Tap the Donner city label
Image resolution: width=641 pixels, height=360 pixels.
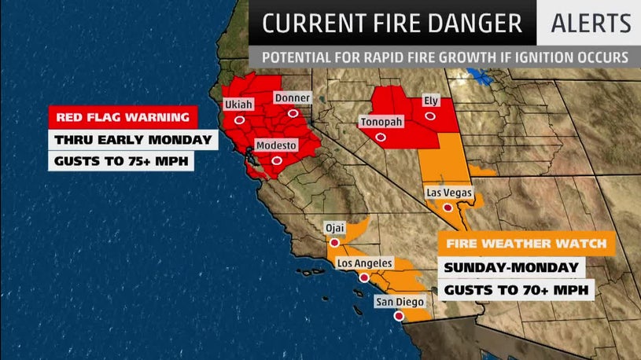(x=292, y=97)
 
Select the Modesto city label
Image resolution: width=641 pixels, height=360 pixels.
(x=276, y=145)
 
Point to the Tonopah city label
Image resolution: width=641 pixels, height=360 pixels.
(x=381, y=122)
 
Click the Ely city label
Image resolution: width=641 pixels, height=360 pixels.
(x=430, y=101)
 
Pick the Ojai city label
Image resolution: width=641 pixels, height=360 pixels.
(x=336, y=229)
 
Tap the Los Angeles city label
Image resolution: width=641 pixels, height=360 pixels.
(x=365, y=263)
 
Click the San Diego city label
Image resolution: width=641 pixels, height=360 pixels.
(x=400, y=301)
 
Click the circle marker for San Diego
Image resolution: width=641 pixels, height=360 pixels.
(x=399, y=316)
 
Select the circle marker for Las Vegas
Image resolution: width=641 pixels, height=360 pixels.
(x=448, y=207)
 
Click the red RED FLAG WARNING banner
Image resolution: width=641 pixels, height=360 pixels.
(x=122, y=119)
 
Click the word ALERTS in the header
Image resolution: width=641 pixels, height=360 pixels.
(x=591, y=24)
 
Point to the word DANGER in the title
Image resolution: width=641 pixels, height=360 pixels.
(x=477, y=24)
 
